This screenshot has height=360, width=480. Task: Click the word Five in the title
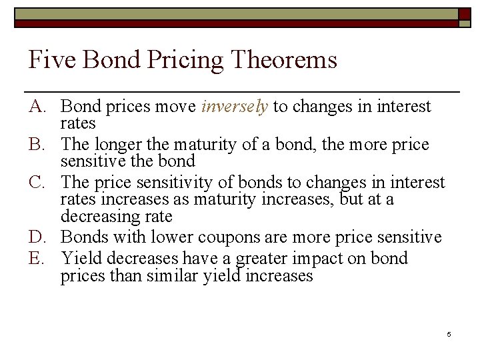tap(49, 61)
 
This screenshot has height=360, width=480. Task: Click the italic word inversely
tap(234, 107)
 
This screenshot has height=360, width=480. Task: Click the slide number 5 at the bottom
tap(449, 333)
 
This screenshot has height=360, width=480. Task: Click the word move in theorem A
tap(177, 107)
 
